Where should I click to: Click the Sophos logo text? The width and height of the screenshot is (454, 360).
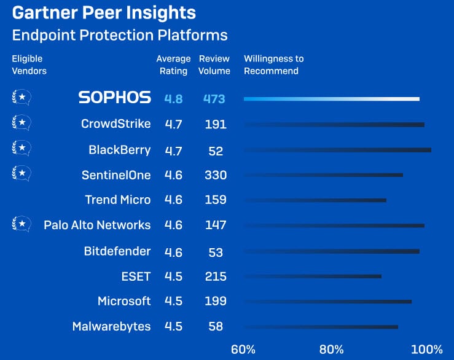click(x=115, y=97)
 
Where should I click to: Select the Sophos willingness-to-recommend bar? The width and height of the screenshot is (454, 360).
click(x=332, y=99)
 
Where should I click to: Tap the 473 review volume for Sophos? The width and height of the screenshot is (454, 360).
click(x=214, y=99)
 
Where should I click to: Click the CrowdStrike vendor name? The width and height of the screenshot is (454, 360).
click(x=116, y=123)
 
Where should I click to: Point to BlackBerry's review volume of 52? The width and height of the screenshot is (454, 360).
click(x=216, y=151)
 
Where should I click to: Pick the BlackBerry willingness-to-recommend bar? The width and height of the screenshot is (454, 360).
click(x=338, y=150)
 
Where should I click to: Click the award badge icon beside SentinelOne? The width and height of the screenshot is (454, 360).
click(x=22, y=173)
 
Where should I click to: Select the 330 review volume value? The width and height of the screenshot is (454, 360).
click(x=216, y=175)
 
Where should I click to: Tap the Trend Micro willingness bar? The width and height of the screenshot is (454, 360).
click(x=316, y=200)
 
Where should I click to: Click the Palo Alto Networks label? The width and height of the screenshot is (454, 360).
click(x=97, y=225)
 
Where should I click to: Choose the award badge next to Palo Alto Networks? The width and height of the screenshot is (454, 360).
click(x=22, y=224)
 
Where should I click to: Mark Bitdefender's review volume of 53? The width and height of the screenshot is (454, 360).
click(x=216, y=252)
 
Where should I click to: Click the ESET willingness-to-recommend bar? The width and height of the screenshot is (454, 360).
click(x=313, y=276)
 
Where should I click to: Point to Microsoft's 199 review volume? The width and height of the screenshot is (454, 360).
click(x=216, y=301)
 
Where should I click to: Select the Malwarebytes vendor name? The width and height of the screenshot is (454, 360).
click(x=111, y=326)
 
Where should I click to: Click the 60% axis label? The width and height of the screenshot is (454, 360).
click(x=243, y=350)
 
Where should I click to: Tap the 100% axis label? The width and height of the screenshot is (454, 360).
click(x=427, y=350)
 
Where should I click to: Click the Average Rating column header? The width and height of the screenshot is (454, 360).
click(x=173, y=65)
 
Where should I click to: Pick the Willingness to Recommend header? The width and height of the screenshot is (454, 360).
click(x=274, y=65)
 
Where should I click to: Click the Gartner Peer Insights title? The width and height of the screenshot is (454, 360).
click(x=104, y=13)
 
